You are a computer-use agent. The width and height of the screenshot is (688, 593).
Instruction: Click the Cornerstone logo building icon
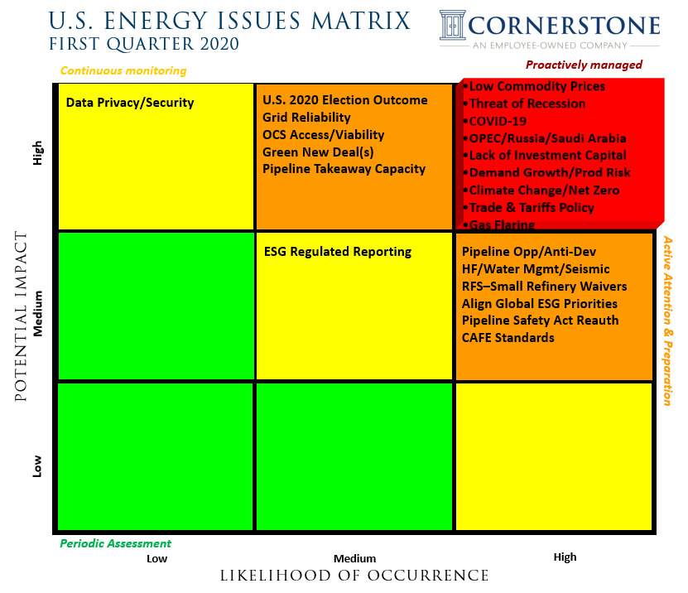click(454, 25)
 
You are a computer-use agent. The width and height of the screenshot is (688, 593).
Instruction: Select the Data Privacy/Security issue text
click(129, 103)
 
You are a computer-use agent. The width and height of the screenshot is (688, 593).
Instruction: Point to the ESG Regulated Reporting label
click(337, 251)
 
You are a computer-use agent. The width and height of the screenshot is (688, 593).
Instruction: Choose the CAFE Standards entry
click(508, 337)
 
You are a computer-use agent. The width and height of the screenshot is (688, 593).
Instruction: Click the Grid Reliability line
click(306, 118)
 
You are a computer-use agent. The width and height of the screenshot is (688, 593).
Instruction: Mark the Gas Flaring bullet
click(502, 224)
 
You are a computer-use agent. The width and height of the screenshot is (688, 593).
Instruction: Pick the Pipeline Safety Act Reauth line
click(540, 320)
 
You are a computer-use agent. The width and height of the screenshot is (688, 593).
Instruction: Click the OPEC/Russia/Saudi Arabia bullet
click(547, 138)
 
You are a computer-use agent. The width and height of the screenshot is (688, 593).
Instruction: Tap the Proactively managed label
click(584, 65)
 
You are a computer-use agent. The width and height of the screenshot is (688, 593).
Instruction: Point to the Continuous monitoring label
click(123, 70)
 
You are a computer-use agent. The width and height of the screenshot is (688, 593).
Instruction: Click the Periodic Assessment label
click(115, 543)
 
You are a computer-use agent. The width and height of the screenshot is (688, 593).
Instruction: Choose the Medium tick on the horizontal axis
click(354, 558)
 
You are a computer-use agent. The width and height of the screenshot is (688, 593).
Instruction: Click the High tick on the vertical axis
click(37, 152)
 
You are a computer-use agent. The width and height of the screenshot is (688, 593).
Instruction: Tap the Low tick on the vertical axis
click(37, 467)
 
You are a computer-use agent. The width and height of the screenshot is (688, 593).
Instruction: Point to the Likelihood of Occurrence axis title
click(354, 576)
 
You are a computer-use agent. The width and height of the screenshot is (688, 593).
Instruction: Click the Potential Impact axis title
click(21, 316)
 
